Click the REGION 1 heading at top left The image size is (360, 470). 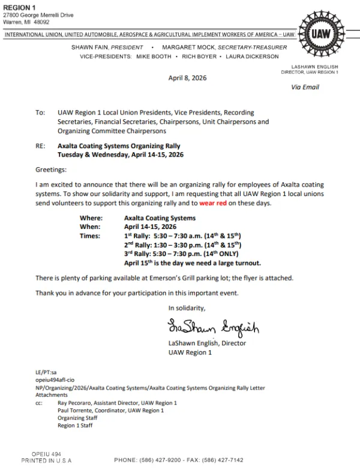(x=19, y=7)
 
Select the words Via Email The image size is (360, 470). (x=305, y=88)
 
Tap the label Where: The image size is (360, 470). (x=91, y=218)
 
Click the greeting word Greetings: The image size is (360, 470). (x=51, y=170)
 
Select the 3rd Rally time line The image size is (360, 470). (x=179, y=254)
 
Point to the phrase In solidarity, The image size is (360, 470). (x=187, y=308)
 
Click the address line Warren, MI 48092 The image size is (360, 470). (x=26, y=22)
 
